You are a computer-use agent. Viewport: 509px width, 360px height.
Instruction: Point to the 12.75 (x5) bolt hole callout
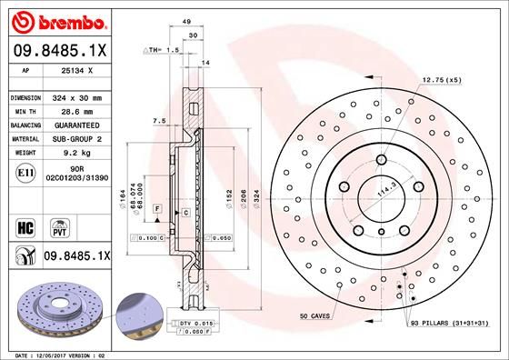[442, 81]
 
